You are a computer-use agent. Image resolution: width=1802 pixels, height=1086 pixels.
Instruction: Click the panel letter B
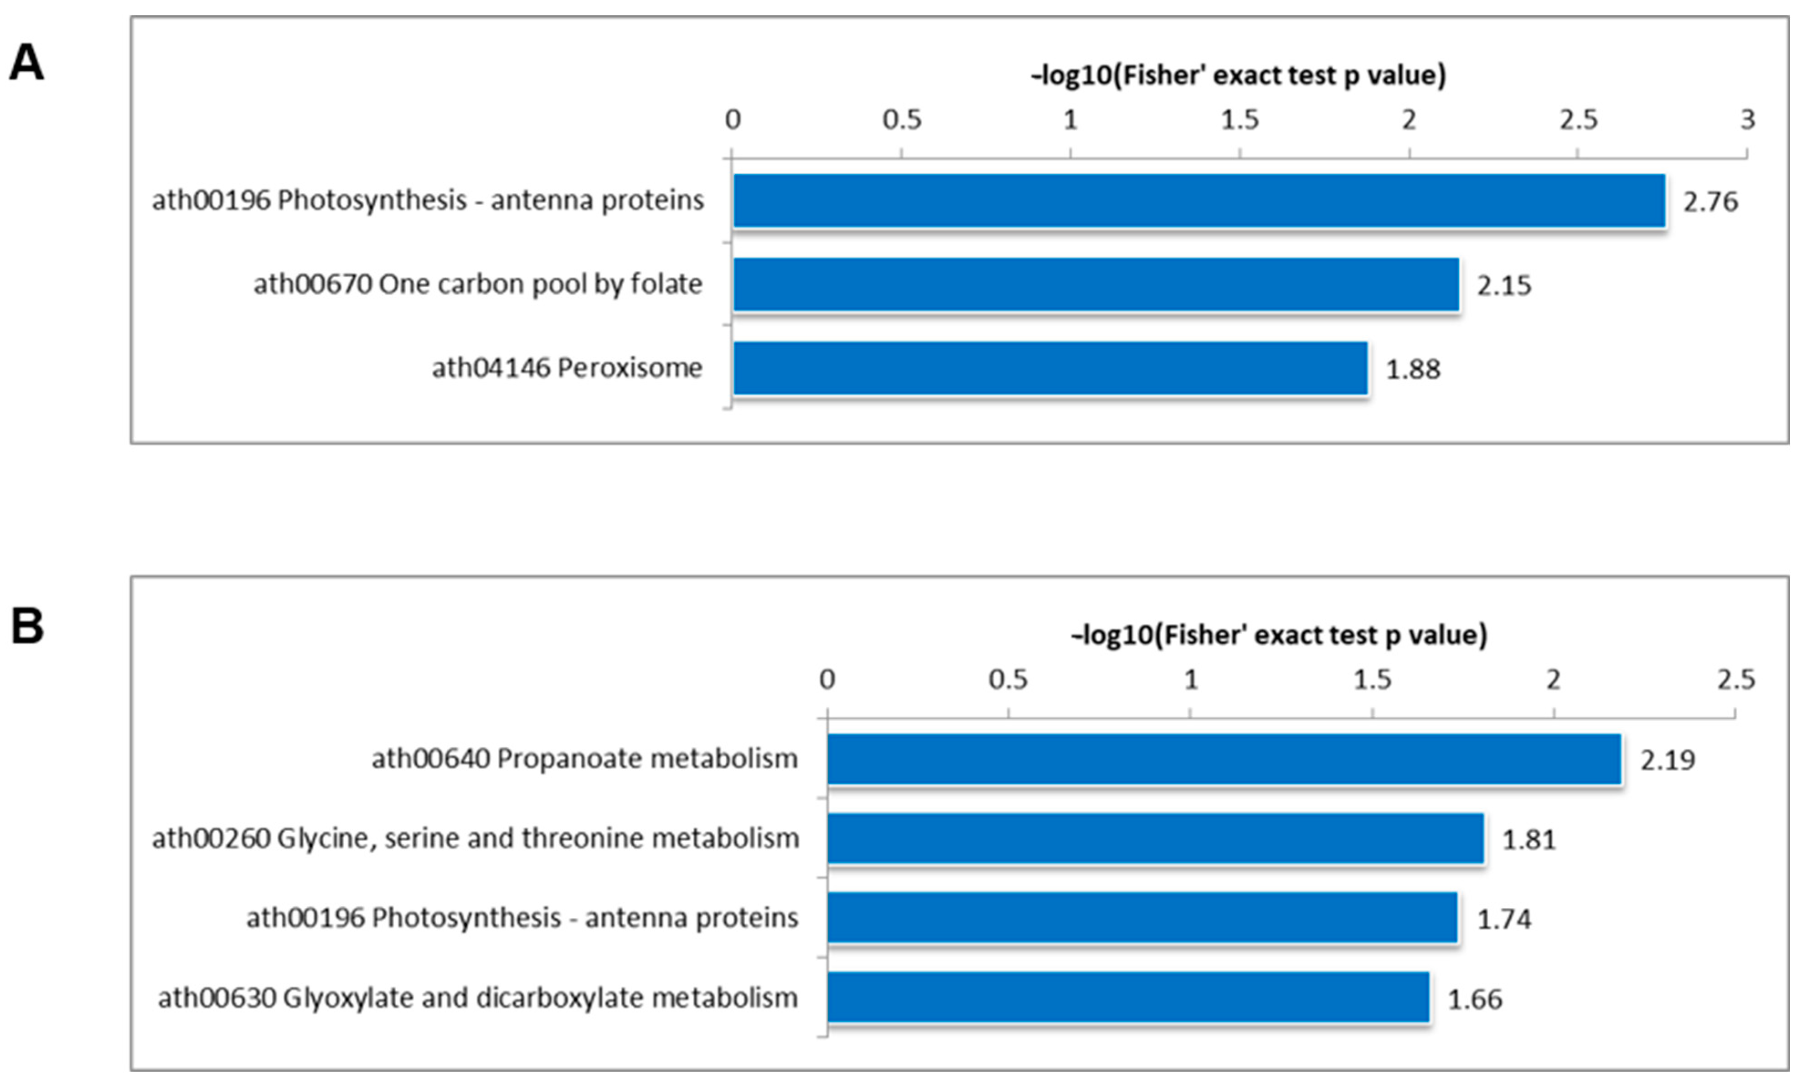click(27, 627)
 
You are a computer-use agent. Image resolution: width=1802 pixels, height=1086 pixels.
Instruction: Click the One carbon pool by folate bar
click(1095, 284)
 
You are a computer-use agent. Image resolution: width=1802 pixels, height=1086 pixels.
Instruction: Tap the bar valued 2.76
click(1198, 201)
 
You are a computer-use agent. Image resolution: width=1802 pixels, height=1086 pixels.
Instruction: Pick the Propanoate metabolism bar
click(1224, 759)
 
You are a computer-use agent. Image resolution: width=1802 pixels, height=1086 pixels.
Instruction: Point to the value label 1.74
click(1503, 919)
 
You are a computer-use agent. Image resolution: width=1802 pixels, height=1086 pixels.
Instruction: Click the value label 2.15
click(1503, 285)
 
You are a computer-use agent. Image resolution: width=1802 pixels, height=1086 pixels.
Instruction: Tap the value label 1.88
click(1413, 369)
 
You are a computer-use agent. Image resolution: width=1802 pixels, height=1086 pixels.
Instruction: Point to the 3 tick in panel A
click(1747, 119)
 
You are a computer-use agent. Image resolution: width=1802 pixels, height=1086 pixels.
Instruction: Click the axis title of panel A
click(1238, 75)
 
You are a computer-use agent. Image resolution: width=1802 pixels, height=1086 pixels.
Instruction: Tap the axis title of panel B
click(1279, 634)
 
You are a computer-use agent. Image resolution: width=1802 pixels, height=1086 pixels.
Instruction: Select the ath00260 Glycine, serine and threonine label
click(475, 838)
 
